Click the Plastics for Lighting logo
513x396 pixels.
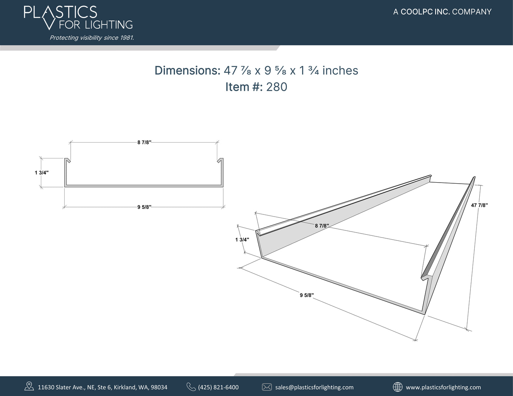point(78,18)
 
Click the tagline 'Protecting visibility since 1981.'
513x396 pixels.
point(92,38)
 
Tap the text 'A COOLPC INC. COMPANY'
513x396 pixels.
point(442,12)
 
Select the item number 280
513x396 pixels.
point(277,87)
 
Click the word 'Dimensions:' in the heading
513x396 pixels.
point(187,71)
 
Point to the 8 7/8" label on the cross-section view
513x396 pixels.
point(144,143)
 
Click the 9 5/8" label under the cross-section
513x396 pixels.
point(144,207)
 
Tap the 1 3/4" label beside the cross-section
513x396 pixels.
point(42,173)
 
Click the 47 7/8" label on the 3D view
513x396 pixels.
point(480,205)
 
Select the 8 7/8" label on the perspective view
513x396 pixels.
point(322,225)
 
